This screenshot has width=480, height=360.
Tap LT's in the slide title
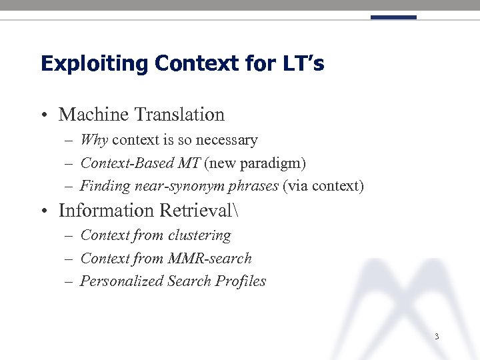303,64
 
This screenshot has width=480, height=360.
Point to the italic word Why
94,140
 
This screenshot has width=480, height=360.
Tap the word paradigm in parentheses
273,163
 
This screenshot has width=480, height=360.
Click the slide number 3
436,337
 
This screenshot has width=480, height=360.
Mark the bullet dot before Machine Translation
43,116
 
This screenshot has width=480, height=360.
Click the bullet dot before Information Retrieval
43,212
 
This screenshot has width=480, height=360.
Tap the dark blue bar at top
393,17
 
